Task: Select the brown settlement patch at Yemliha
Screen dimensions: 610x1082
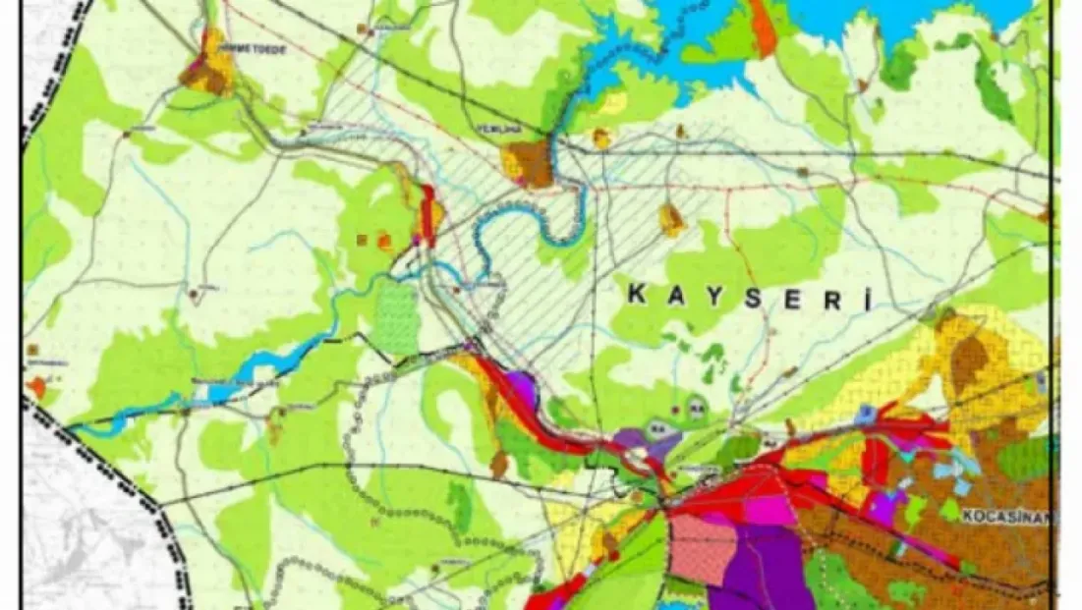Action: pos(529,164)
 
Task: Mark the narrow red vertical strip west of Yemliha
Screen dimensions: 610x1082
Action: pos(428,214)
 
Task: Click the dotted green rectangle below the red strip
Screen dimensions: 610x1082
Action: pos(397,319)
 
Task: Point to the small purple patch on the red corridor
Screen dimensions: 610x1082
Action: pos(521,387)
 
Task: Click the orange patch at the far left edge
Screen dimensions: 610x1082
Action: pos(36,387)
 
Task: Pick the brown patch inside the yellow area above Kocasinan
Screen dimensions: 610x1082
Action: pos(970,364)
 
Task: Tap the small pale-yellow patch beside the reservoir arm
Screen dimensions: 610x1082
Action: pos(613,103)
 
